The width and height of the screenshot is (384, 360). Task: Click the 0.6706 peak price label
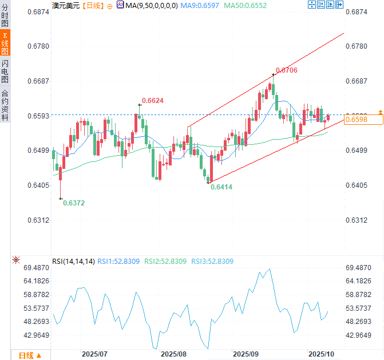[x=286, y=70]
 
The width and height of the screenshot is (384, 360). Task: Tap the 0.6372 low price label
[x=74, y=203]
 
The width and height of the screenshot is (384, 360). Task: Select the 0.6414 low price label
[x=223, y=187]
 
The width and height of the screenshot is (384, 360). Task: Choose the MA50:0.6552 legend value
[x=246, y=5]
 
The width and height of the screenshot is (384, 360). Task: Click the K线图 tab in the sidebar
[x=5, y=43]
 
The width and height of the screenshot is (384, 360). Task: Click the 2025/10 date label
[x=320, y=354]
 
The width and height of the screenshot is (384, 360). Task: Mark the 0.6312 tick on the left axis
[x=38, y=220]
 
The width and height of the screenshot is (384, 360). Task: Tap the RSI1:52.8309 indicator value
[x=119, y=262]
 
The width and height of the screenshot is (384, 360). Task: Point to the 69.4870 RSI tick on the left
[x=37, y=268]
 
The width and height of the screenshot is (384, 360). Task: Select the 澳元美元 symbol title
[x=65, y=5]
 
